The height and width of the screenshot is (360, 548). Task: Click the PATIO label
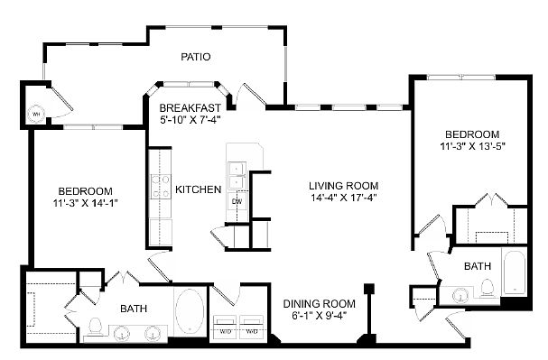tap(196, 57)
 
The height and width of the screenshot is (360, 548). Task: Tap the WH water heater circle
tap(36, 114)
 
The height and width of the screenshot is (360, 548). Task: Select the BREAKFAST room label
tap(190, 107)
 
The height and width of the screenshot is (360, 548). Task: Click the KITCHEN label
tap(198, 189)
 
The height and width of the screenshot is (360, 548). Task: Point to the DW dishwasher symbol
tap(237, 201)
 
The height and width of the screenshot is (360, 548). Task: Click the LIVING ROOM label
tap(344, 186)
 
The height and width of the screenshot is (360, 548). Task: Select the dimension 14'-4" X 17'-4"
tap(344, 198)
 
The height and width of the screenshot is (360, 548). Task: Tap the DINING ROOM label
tap(319, 304)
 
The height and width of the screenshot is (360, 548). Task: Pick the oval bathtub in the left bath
tap(189, 311)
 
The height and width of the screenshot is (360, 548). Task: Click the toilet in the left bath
tap(95, 327)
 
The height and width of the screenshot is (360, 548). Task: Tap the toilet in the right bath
tap(487, 289)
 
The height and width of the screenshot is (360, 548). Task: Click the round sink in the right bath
tap(460, 297)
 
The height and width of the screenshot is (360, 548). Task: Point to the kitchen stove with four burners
tap(161, 187)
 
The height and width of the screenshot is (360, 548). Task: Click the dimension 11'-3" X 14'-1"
tap(86, 203)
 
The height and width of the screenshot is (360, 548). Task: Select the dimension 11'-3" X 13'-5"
tap(472, 146)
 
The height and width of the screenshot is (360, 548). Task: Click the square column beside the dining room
tap(369, 289)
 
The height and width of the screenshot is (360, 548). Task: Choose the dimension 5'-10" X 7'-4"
tap(190, 119)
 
